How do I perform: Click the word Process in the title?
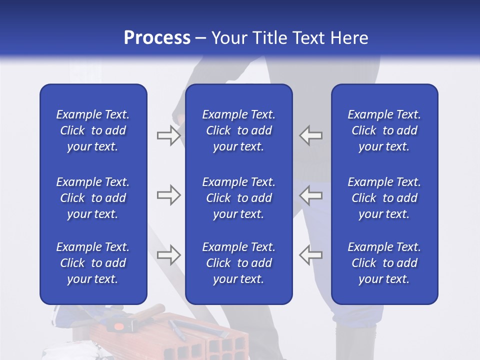click(157, 38)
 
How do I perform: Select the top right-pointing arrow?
click(168, 135)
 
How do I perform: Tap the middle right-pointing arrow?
click(168, 195)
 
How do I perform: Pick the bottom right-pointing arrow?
click(168, 254)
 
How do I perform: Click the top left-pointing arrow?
click(310, 135)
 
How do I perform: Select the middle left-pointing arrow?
click(310, 195)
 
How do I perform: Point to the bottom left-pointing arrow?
click(310, 254)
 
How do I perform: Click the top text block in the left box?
click(93, 130)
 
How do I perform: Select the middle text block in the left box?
click(93, 198)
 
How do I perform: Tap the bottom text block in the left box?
click(93, 263)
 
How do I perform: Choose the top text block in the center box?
click(239, 130)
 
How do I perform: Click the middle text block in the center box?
click(239, 198)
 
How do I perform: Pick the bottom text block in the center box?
click(239, 263)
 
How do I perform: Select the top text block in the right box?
click(384, 130)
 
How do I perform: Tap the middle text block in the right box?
click(384, 198)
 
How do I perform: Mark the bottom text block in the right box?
click(384, 263)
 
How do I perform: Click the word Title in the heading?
click(270, 38)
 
